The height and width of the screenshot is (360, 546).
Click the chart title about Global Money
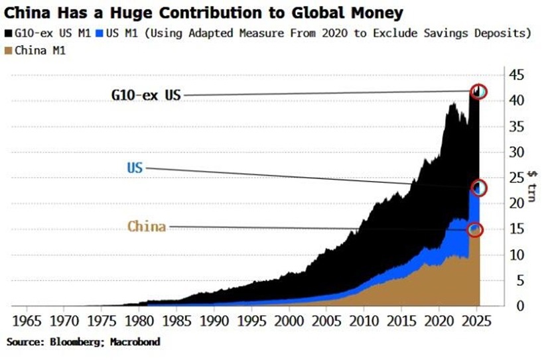(205, 12)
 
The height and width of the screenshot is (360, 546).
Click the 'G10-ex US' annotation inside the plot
(146, 95)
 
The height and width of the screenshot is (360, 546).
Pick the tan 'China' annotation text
(146, 227)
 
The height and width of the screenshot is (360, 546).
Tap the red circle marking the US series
(478, 188)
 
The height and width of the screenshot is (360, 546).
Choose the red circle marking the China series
(475, 229)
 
